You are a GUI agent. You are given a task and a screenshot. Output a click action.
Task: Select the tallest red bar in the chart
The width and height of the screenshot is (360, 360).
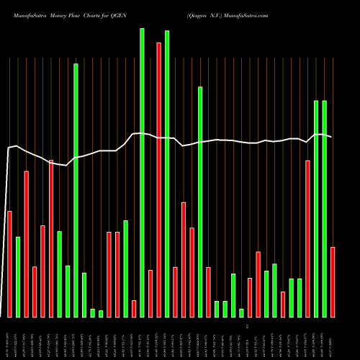(158, 180)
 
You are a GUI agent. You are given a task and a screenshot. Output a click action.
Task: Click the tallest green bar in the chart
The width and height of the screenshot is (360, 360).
(142, 173)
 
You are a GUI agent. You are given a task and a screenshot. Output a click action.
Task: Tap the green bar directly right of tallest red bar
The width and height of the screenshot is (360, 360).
(167, 173)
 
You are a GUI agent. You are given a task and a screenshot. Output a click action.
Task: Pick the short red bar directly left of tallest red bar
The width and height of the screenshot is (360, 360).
(150, 293)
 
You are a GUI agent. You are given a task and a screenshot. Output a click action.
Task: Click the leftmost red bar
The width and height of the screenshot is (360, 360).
(9, 264)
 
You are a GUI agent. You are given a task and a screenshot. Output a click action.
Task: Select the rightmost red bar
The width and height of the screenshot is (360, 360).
(333, 282)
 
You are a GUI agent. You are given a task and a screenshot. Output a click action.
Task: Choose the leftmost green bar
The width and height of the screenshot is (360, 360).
(18, 276)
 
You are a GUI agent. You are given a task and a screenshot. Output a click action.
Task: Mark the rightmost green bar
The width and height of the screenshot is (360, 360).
(325, 209)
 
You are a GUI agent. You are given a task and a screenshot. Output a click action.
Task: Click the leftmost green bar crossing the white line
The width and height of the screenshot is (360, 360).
(76, 190)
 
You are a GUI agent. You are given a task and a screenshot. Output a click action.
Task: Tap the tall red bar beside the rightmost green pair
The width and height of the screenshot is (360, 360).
(308, 238)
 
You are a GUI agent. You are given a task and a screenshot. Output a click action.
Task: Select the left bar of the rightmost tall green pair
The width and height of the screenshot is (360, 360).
(316, 209)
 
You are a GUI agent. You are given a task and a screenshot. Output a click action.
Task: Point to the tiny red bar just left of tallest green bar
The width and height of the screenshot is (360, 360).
(134, 308)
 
